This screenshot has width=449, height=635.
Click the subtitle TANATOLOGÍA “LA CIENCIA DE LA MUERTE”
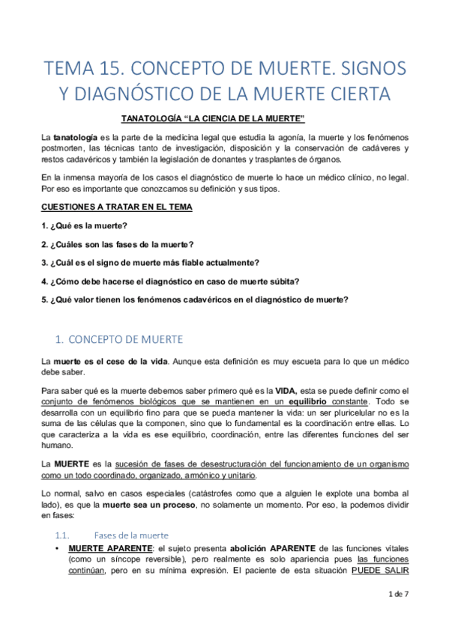point(213,120)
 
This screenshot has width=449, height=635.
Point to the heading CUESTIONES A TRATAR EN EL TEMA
point(116,207)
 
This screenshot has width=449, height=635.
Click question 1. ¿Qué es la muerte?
point(84,225)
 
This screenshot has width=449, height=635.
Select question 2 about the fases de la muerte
point(117,243)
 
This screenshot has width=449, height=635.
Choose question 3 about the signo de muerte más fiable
point(151,262)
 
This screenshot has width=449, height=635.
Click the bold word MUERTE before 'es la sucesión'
point(70,465)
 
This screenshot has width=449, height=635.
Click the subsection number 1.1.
point(63,535)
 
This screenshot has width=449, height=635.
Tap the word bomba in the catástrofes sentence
point(385,495)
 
